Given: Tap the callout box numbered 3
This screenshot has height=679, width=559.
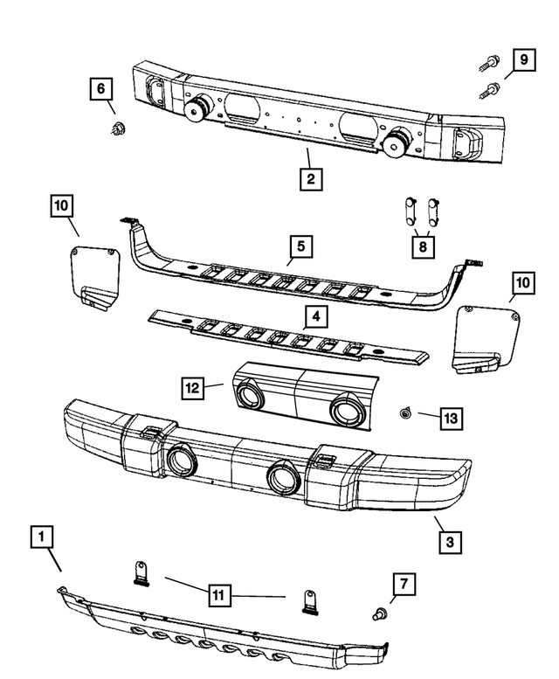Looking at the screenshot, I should pos(449,541).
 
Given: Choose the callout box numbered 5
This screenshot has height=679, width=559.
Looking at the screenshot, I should pos(299,248).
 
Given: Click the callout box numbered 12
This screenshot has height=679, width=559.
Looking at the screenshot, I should pos(192,384).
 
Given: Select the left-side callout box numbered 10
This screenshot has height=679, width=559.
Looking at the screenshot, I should pos(61,206).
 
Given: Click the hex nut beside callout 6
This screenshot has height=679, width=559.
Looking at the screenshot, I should pos(114,129).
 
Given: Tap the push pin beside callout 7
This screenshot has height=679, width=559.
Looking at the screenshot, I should pos(380,611).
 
